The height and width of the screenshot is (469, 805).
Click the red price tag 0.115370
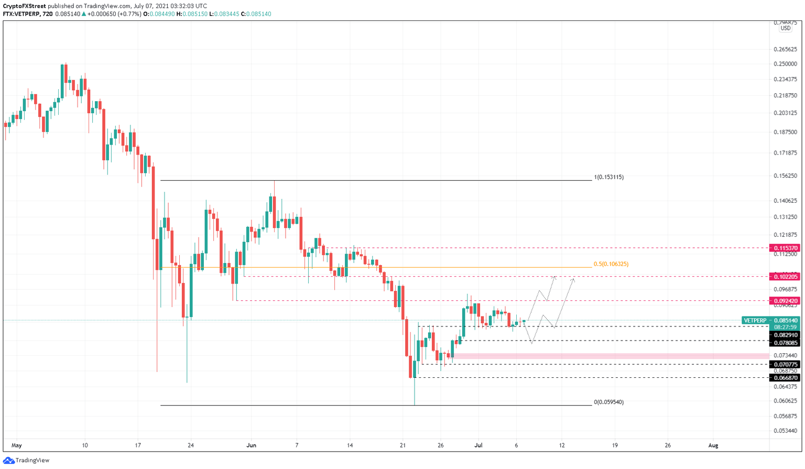coord(785,248)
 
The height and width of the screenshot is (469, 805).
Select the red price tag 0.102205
coord(785,276)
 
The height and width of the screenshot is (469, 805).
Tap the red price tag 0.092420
coord(785,301)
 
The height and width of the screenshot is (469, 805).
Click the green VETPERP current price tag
coord(771,320)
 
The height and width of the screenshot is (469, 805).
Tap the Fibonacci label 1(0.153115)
coord(608,177)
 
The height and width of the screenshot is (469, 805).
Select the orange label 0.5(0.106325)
coord(611,264)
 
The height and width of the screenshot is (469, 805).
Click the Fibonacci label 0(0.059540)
coord(608,402)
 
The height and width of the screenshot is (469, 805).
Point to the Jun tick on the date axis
coord(251,445)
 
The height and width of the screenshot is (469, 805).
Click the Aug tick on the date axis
coord(713,445)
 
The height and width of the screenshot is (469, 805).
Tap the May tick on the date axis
coord(17,445)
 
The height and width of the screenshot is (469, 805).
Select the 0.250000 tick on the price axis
coord(785,64)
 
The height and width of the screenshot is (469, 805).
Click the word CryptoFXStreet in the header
coord(24,6)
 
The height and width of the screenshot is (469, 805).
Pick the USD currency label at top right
coord(785,28)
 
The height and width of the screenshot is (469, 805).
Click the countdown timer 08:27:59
coord(786,327)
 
